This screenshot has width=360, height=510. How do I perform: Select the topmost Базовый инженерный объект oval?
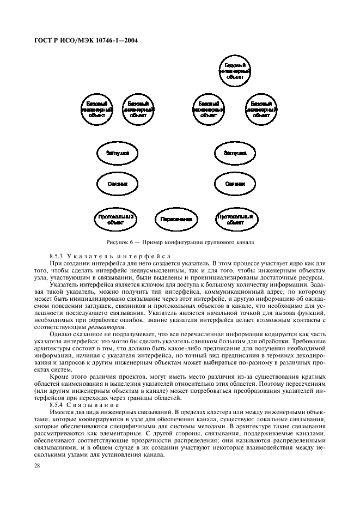click(235, 71)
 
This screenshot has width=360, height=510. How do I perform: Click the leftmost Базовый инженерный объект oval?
click(95, 109)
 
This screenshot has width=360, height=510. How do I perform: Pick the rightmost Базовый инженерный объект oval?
click(263, 109)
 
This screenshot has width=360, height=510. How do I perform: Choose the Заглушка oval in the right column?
click(235, 154)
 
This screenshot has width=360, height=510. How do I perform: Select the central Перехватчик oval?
click(176, 219)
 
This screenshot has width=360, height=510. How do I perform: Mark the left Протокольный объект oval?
click(115, 219)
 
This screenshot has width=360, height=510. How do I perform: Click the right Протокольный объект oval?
click(235, 219)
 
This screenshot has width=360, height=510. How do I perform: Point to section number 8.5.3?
click(57, 256)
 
